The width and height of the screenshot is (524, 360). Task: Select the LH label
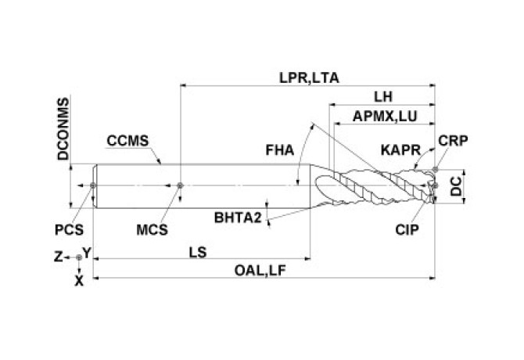click(383, 96)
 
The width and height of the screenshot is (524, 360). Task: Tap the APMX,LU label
click(385, 116)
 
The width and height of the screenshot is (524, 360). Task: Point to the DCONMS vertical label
click(64, 129)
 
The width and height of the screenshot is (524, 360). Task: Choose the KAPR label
click(398, 149)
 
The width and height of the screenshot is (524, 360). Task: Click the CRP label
click(454, 141)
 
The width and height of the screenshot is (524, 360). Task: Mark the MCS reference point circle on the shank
click(181, 185)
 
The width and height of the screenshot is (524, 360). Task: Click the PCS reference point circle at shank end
click(93, 185)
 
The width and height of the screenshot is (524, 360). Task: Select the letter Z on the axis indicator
click(57, 256)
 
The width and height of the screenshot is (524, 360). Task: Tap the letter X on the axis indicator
click(77, 278)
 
